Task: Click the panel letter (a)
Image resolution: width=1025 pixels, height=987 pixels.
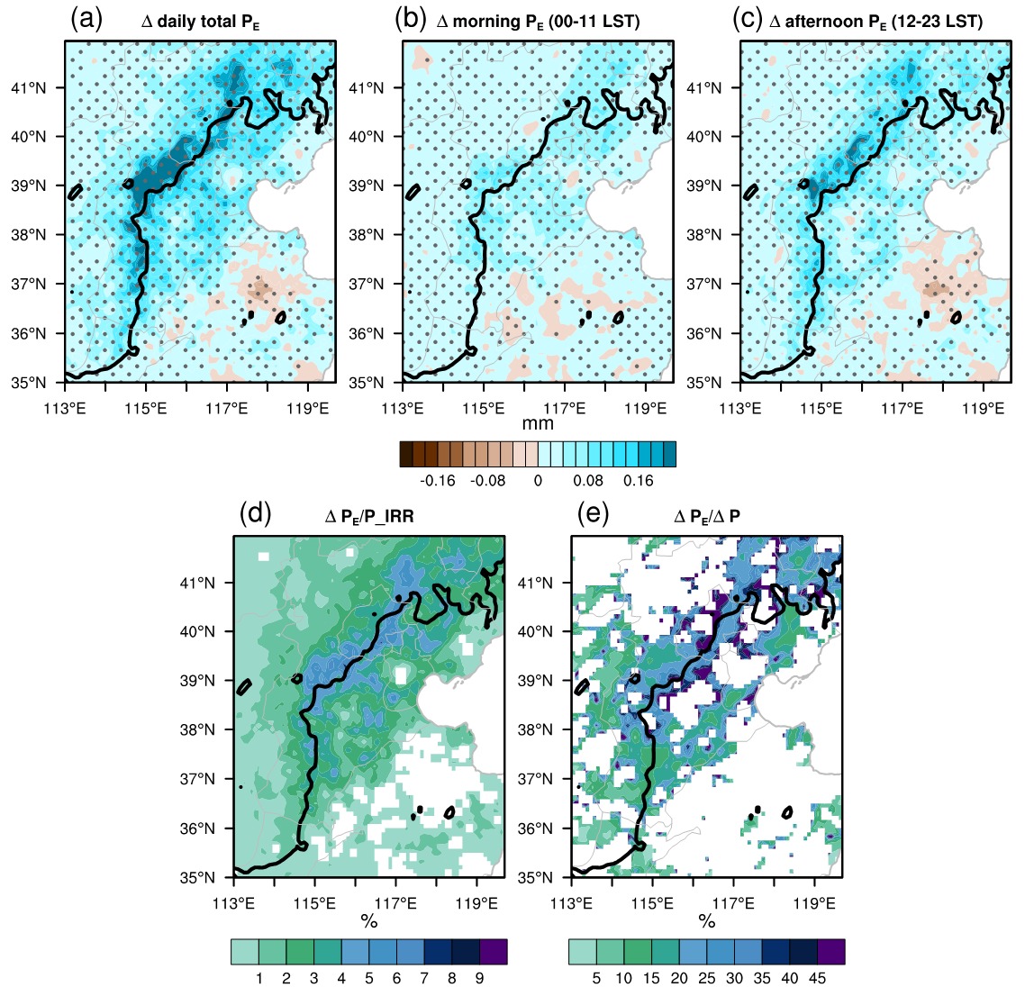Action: pos(86,20)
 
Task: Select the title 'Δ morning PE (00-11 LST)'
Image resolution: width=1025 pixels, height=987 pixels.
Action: pos(538,22)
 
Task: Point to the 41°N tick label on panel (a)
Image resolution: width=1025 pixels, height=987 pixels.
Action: pos(29,87)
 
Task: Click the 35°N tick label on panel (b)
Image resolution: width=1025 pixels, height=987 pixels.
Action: pos(366,383)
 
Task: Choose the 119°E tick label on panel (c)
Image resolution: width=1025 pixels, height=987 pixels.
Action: pos(984,409)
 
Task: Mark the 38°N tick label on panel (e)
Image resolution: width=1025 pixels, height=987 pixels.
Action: pos(535,729)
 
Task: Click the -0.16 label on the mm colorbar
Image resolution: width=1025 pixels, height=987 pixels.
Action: pos(438,480)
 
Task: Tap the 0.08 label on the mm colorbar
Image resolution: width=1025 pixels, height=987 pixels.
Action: pos(588,480)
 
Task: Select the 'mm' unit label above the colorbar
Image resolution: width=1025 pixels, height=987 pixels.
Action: pos(538,423)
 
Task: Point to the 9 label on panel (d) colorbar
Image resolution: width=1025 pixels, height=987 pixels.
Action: pos(479,978)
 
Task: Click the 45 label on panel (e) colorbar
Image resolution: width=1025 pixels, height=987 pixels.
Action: pos(817,978)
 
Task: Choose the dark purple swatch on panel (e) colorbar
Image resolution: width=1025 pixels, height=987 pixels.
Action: pos(830,952)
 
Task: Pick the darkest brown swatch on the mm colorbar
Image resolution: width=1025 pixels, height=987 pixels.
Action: pos(406,454)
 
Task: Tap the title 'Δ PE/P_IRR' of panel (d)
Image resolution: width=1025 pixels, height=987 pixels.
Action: pos(369,516)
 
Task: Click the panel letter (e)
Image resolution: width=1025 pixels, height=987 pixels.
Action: pos(593,514)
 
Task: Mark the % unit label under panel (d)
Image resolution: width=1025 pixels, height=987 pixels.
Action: pos(369,921)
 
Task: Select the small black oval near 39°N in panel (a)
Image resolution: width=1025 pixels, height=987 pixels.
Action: pos(75,192)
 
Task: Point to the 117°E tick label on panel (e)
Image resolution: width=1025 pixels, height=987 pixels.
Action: pos(733,903)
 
